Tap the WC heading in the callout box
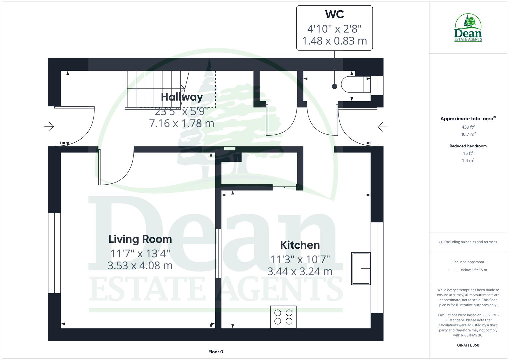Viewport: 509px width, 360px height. tap(334, 14)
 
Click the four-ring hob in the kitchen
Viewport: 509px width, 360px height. tap(283, 317)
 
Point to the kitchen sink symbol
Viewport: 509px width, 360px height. tap(361, 268)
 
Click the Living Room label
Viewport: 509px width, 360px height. tap(140, 239)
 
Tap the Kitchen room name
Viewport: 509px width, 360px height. tap(300, 245)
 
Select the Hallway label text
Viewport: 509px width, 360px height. tap(182, 97)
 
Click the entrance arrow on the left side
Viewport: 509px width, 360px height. tap(49, 126)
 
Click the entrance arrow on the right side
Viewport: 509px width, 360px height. tap(382, 127)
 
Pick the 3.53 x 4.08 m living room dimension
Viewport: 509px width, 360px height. tap(140, 266)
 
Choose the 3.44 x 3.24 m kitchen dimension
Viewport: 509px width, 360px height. tap(300, 271)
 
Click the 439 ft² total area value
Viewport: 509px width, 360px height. tap(468, 127)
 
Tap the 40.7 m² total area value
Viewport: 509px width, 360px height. tap(468, 134)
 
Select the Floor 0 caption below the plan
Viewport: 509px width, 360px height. tap(216, 352)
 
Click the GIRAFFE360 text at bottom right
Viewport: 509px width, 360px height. tap(468, 345)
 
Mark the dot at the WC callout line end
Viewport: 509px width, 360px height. tap(335, 86)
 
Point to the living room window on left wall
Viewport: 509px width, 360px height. tap(54, 253)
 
